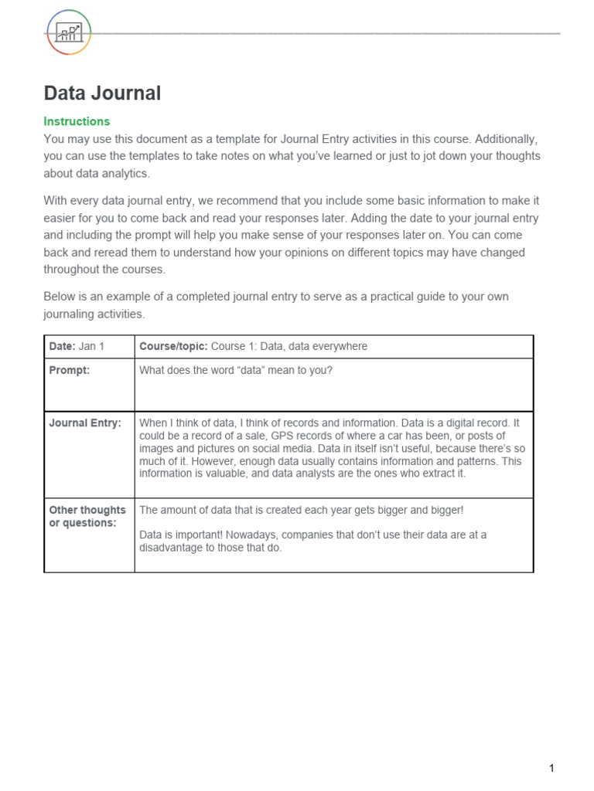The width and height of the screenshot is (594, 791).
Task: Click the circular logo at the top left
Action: [x=69, y=32]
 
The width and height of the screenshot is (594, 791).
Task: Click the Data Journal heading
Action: [x=102, y=93]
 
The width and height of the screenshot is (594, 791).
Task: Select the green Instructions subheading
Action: [x=77, y=121]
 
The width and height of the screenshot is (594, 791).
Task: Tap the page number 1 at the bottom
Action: [x=551, y=768]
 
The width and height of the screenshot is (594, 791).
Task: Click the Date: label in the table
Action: [x=62, y=347]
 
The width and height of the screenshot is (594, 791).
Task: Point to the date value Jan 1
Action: [x=91, y=347]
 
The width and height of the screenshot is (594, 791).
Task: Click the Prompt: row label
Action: [x=70, y=370]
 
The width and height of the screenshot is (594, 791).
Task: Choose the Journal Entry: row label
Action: [x=85, y=423]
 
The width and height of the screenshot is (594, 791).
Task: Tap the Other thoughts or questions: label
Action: [x=87, y=516]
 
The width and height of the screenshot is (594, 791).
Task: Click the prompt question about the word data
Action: [x=235, y=370]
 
